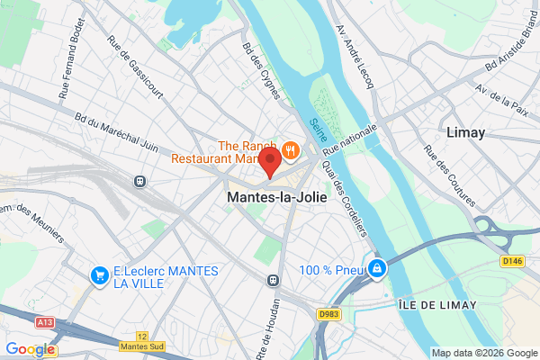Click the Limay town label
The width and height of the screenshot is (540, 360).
(465, 132)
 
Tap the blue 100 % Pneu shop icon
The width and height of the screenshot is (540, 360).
(378, 268)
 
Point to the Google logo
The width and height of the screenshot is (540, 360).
(30, 349)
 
